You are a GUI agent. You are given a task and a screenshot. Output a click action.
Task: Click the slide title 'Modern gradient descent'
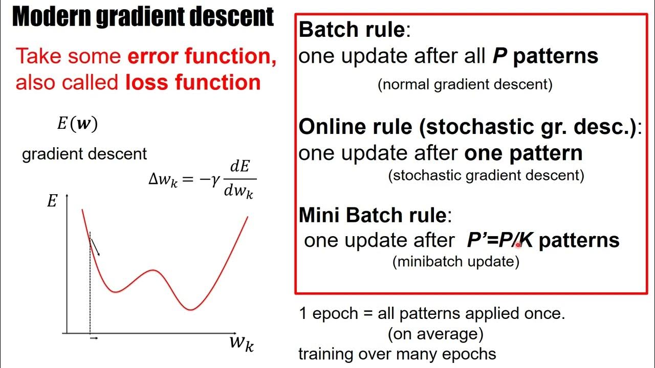(x=143, y=17)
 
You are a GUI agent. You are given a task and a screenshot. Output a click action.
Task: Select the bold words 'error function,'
(x=202, y=56)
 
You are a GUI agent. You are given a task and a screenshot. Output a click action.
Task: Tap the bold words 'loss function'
(x=193, y=82)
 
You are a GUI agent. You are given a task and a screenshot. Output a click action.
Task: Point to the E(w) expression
(x=77, y=124)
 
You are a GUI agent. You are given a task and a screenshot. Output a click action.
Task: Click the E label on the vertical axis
(x=52, y=201)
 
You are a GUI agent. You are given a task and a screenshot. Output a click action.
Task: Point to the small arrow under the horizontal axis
(x=94, y=338)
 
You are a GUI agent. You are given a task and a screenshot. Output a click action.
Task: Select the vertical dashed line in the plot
(x=90, y=286)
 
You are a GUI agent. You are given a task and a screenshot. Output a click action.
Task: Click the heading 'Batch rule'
(x=352, y=30)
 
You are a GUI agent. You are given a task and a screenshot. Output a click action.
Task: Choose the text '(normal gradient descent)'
(x=465, y=84)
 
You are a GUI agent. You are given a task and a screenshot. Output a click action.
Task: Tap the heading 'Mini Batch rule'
(x=373, y=215)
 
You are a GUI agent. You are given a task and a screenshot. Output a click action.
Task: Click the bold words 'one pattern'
(x=523, y=153)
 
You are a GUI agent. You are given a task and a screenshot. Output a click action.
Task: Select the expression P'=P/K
(x=499, y=240)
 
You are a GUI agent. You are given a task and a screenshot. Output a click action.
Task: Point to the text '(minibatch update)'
(x=456, y=262)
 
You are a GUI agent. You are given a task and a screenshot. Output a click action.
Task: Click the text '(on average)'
(x=435, y=334)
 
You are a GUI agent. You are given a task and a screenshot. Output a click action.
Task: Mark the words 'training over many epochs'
(x=397, y=354)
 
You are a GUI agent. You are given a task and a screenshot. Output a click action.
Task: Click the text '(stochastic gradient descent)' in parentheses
(x=486, y=175)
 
